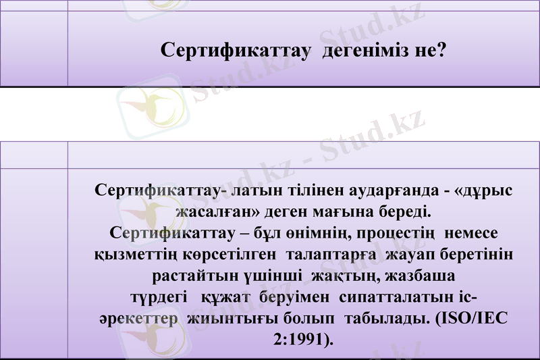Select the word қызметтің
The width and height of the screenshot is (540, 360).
[133, 255]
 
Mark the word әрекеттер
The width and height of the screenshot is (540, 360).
[137, 319]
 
